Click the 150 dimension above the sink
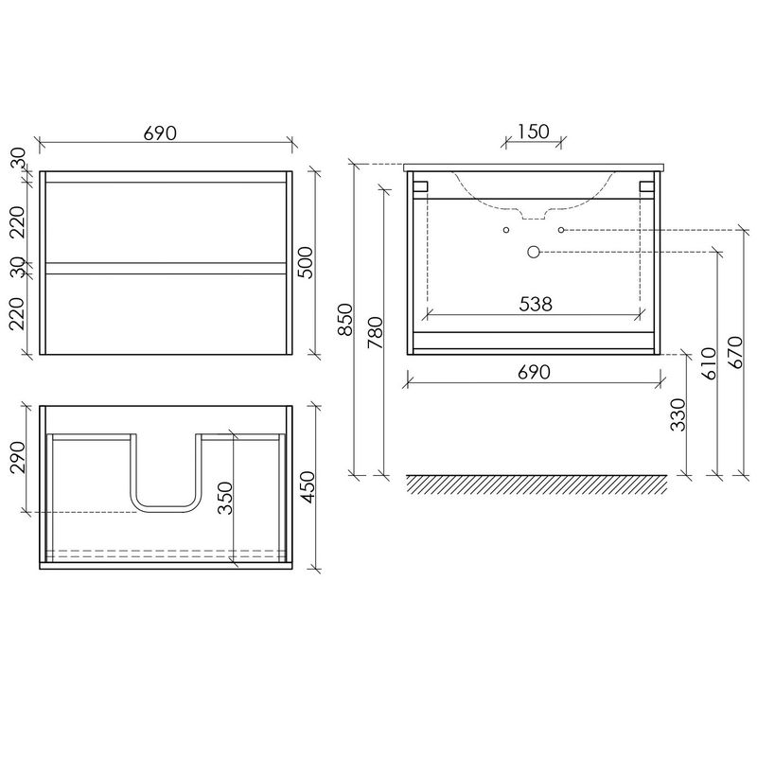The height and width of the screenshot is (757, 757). click(534, 132)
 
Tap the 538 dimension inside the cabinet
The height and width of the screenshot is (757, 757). click(536, 304)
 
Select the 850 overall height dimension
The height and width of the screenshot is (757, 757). click(345, 320)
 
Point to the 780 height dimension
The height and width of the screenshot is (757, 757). click(375, 333)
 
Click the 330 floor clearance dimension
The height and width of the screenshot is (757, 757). click(678, 414)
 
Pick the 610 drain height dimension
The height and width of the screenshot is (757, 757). click(709, 363)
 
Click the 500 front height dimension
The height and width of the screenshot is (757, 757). click(305, 263)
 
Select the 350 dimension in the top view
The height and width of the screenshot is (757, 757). click(225, 498)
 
